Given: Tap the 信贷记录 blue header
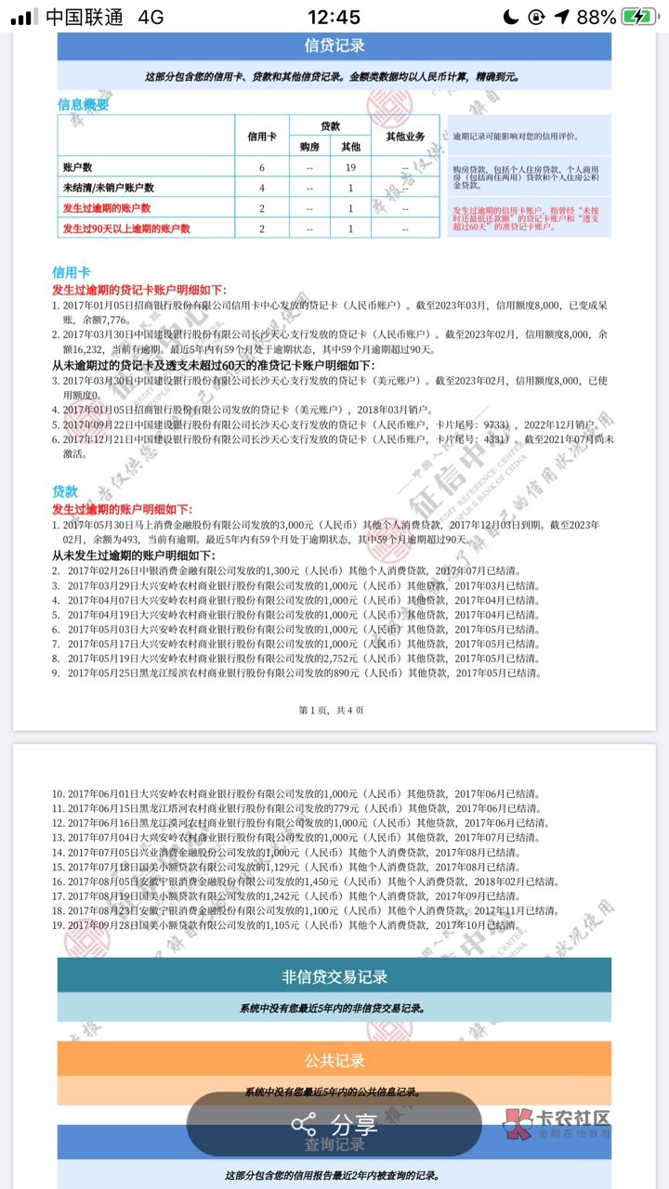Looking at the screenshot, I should (334, 46).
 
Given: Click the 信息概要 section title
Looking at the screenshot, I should (83, 105).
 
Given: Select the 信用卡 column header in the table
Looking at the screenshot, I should (262, 137).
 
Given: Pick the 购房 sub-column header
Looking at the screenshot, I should (308, 146).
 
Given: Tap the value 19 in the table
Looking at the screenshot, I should (351, 167).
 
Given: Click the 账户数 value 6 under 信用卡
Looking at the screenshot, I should (262, 167).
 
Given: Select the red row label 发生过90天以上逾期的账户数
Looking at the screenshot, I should (125, 229).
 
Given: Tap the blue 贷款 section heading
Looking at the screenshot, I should (64, 491).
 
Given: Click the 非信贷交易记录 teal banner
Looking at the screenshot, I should (334, 976).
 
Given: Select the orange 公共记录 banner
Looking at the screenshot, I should (334, 1060).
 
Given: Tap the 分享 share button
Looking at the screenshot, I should (334, 1125).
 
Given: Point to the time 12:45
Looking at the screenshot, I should (334, 17).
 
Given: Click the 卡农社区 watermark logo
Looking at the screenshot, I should (557, 1124).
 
